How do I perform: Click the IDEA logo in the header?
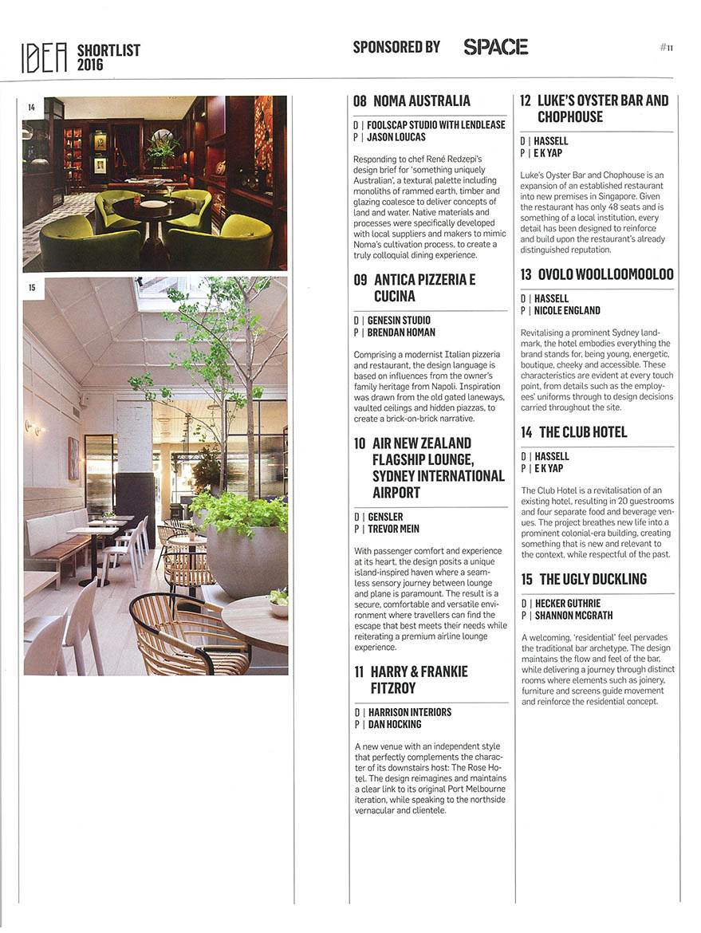click(x=45, y=57)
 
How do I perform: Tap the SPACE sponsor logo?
click(x=495, y=47)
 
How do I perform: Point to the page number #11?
click(x=667, y=48)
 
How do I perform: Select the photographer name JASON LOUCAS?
click(x=396, y=137)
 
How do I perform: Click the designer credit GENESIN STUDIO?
click(x=399, y=321)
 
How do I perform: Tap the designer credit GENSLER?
click(x=385, y=517)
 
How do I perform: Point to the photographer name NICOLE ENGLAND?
click(x=568, y=310)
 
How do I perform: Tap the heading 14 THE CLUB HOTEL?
click(x=583, y=432)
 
